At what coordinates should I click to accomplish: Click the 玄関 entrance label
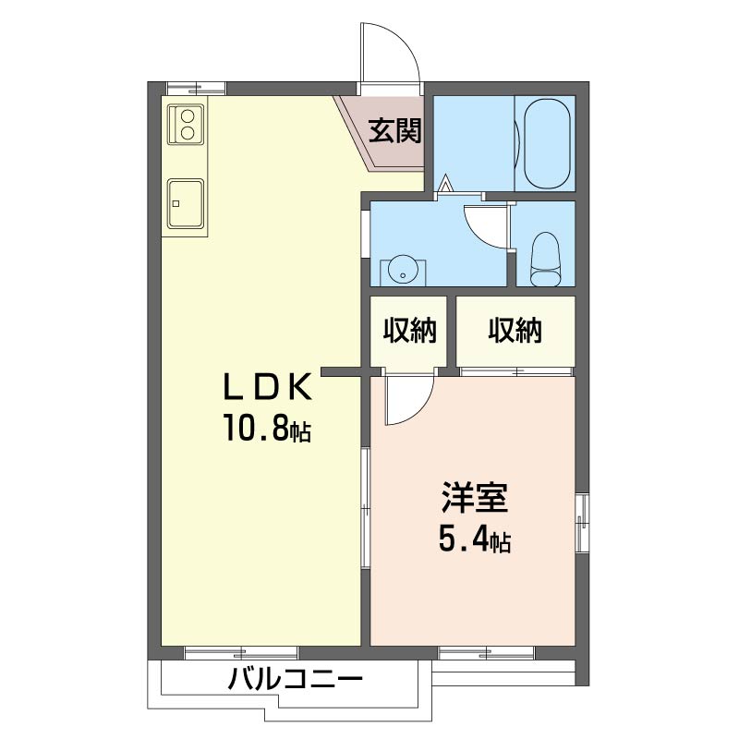click(x=394, y=130)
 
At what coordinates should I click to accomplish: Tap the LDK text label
click(x=267, y=386)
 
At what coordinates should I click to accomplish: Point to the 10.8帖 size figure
click(x=267, y=428)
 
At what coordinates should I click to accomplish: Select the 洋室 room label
click(x=475, y=497)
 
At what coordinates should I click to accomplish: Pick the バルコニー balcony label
click(x=296, y=679)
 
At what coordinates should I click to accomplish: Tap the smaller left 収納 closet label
click(x=409, y=330)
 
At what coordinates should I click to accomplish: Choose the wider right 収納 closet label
click(x=515, y=330)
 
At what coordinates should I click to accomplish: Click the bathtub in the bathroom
click(x=547, y=144)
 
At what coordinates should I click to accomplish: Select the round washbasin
click(x=403, y=271)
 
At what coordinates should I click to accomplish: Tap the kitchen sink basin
click(x=187, y=203)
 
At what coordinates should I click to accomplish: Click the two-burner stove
click(x=187, y=124)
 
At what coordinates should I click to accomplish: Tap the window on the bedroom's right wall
click(x=582, y=523)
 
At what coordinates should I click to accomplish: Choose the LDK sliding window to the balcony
click(x=241, y=653)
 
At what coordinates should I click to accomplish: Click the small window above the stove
click(x=197, y=88)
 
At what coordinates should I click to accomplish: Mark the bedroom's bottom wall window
click(x=486, y=653)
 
